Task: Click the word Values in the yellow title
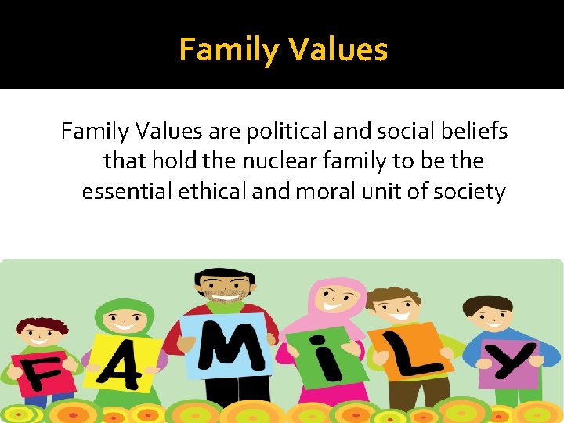338,50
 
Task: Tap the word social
390,132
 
